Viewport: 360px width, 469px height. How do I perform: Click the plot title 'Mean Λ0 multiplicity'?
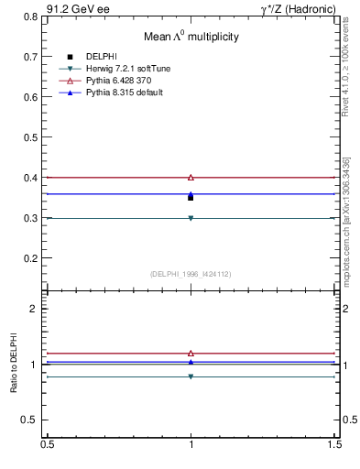[191, 37]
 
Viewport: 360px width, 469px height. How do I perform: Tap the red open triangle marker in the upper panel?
[191, 177]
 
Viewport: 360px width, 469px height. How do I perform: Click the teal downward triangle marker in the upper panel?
[191, 218]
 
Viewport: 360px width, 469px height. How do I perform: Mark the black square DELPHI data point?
[191, 197]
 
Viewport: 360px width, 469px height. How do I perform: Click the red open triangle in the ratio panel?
[191, 353]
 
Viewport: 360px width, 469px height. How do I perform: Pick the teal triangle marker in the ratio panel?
[191, 376]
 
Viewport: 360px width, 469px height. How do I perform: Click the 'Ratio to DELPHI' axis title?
[15, 364]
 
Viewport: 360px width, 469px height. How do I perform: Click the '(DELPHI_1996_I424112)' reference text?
[191, 273]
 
